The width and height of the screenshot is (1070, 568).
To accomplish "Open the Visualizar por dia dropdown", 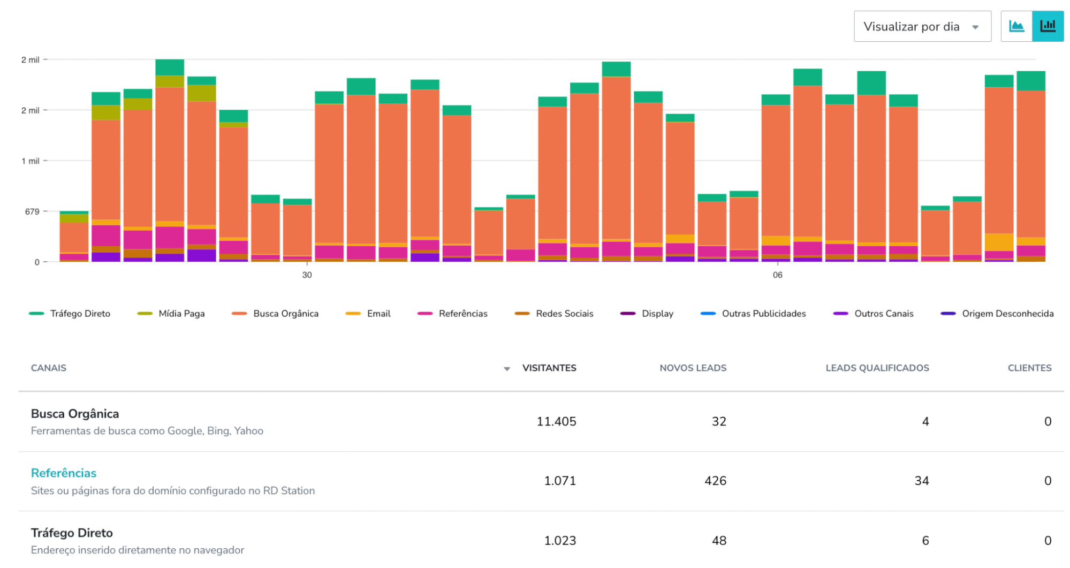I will click(921, 26).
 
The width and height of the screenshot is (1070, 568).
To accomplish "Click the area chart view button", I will click(1016, 26).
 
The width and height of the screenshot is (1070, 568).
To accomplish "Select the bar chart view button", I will click(1047, 26).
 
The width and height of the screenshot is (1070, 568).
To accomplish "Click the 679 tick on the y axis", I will click(32, 211).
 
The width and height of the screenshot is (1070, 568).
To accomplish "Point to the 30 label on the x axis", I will click(307, 275).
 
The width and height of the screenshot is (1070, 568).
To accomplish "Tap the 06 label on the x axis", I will click(777, 275).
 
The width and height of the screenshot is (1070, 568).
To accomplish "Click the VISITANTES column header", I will click(549, 368).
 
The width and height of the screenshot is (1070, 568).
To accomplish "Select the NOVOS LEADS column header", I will click(693, 368).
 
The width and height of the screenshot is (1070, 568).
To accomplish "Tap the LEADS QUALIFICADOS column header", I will click(877, 368).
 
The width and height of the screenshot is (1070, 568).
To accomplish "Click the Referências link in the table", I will click(64, 473).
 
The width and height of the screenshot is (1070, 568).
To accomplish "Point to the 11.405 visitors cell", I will click(556, 422).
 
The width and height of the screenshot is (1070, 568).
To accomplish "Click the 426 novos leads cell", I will click(715, 481).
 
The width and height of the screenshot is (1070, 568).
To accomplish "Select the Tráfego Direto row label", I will click(72, 533).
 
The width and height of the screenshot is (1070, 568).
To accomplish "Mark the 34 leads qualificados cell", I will click(921, 481).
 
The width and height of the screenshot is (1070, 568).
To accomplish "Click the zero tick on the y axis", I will click(37, 262).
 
